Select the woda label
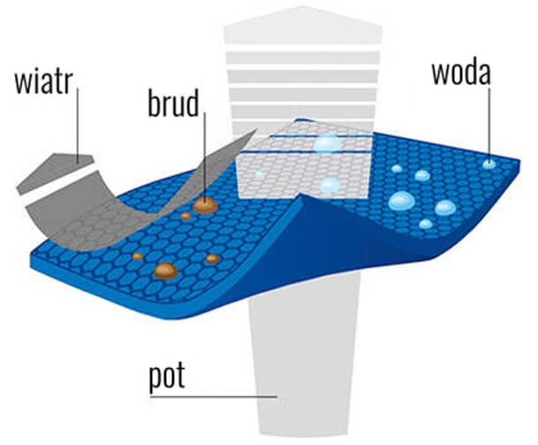460,72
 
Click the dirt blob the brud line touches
206,205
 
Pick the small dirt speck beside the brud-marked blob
186,215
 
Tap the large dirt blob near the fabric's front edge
164,270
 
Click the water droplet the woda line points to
489,164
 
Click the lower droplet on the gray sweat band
330,186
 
